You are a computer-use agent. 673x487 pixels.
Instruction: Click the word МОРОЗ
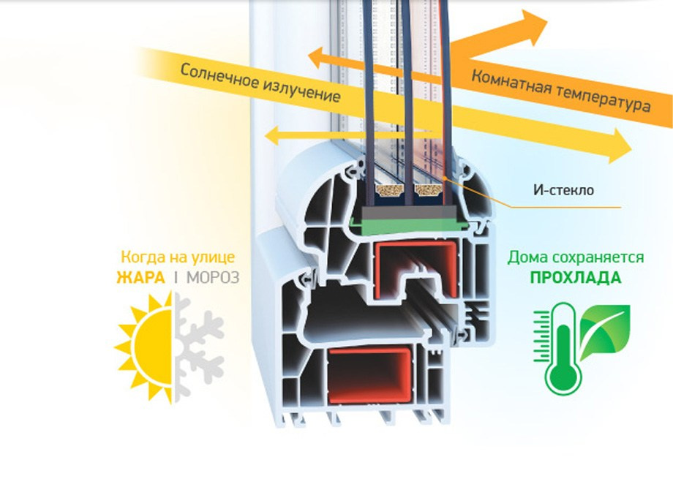click(212, 278)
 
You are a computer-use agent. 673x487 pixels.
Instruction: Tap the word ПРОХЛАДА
click(576, 278)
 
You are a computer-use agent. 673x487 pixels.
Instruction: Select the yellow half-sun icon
click(146, 344)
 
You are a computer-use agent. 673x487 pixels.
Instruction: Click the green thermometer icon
click(561, 350)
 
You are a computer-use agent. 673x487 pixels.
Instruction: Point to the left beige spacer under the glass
click(390, 194)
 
